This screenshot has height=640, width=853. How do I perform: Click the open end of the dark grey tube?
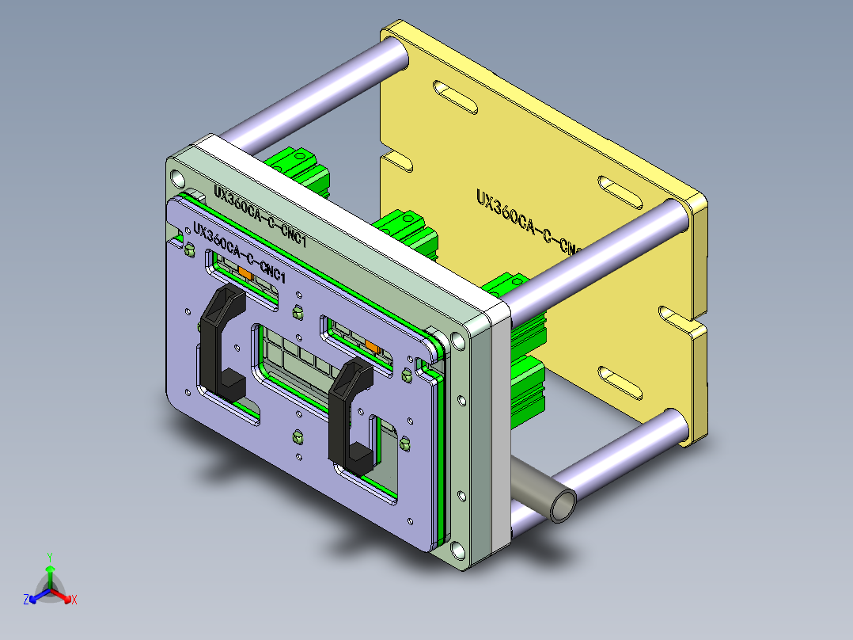563,505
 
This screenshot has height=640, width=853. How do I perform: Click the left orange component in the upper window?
245,273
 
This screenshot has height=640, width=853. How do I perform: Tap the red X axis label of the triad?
74,600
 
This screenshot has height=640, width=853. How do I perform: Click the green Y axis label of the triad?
49,557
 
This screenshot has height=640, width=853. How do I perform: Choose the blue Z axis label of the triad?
26,600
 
